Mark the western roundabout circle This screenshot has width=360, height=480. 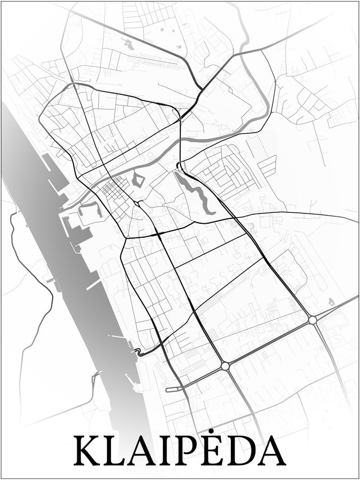pyautogui.click(x=225, y=366)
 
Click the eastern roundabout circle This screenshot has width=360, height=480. pyautogui.click(x=312, y=320)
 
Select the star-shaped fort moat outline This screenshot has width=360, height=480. pyautogui.click(x=138, y=180)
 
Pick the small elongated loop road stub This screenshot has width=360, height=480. pyautogui.click(x=174, y=388)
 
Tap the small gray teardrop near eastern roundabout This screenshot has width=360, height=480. pyautogui.click(x=331, y=302)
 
